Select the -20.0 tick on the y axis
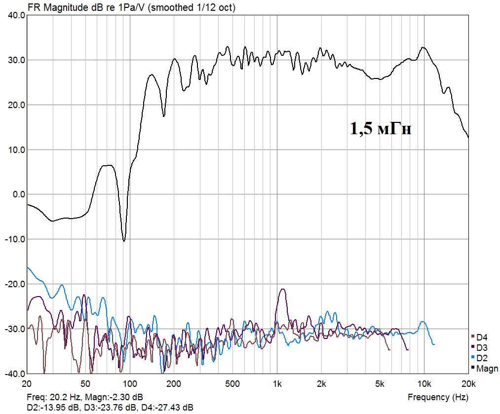coord(15,284)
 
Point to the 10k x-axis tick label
coord(424,383)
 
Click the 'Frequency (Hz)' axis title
coord(438,397)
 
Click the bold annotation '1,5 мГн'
coord(381,129)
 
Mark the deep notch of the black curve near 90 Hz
coord(124,240)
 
